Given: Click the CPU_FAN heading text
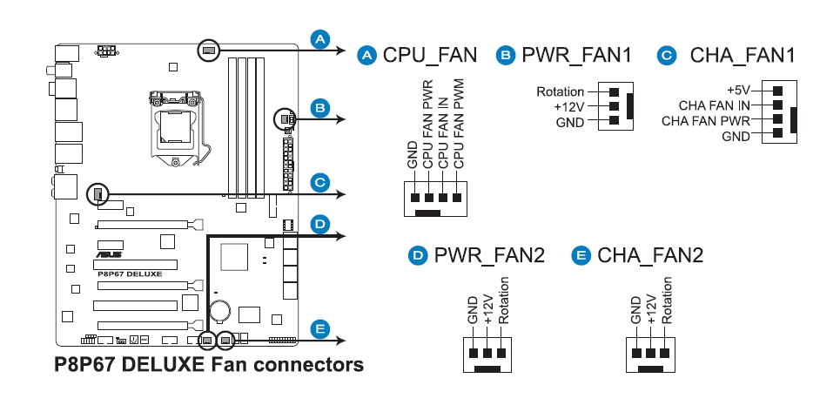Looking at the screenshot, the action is tap(430, 55).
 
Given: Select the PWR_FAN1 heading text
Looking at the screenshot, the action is tap(576, 55).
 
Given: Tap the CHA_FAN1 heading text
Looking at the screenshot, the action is tap(743, 55).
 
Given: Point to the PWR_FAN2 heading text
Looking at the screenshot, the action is tap(489, 255).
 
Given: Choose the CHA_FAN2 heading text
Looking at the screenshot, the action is tap(650, 255).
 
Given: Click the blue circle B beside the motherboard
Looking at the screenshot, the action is tap(319, 109).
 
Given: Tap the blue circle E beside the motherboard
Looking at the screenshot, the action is tap(319, 329).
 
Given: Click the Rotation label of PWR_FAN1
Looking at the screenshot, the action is tap(560, 92).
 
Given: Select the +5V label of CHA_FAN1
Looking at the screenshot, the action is tap(738, 90).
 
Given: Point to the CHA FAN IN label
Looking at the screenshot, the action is tap(714, 105).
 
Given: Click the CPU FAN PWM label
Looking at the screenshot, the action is tap(459, 125).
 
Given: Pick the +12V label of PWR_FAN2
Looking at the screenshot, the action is tap(488, 308).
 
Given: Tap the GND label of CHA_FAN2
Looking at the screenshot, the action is tap(636, 310).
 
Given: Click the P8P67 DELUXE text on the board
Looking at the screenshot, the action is tap(130, 274).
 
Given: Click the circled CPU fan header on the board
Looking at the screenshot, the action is tap(208, 51).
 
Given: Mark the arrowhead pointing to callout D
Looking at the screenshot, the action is tap(340, 236).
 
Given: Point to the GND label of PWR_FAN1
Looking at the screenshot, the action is tap(570, 123).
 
